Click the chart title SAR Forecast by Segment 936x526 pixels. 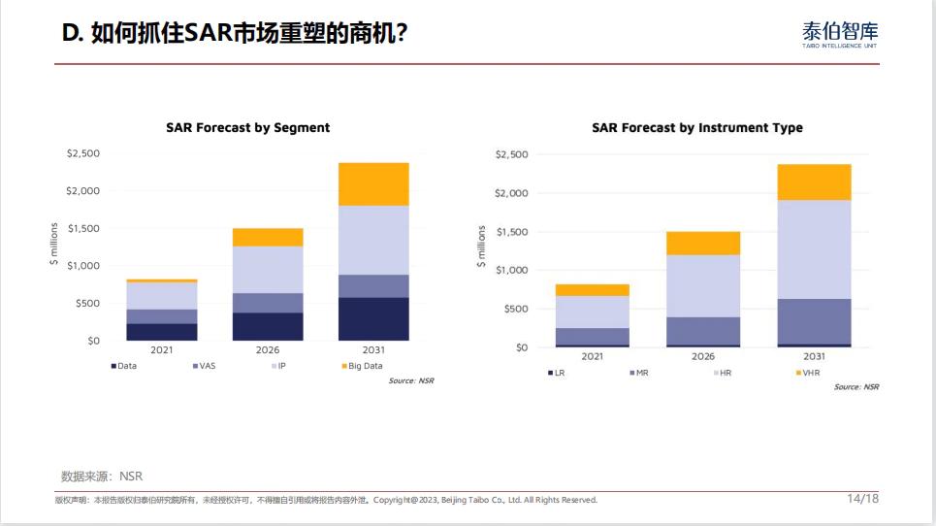pos(247,127)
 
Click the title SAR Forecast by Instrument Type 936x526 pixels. pos(696,127)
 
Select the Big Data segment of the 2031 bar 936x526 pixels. pos(373,184)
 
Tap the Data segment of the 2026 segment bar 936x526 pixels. pos(268,326)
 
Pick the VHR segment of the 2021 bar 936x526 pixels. pos(592,290)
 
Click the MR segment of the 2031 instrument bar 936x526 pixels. pos(814,321)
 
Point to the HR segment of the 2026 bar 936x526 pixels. pos(703,285)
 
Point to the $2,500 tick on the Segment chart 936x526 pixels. pos(82,153)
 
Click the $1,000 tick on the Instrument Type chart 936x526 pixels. pos(511,270)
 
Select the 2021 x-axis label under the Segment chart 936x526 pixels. pos(162,350)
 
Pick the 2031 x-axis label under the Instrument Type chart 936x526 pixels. pos(814,356)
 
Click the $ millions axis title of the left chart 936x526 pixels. pos(55,245)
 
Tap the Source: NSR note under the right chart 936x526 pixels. pos(856,386)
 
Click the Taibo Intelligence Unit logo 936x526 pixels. pos(840,34)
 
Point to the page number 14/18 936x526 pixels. pos(862,499)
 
